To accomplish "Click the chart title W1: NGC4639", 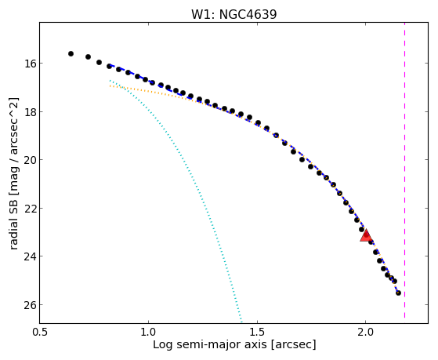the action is (x=233, y=15).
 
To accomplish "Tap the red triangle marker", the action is (x=366, y=236).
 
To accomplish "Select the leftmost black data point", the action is (x=71, y=53).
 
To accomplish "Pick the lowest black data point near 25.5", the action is (x=398, y=293).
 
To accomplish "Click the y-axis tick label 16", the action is (x=31, y=64).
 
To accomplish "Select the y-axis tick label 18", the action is (x=31, y=111).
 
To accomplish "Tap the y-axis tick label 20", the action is (x=31, y=160).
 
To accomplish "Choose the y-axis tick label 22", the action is (x=31, y=208).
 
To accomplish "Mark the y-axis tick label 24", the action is (x=31, y=256).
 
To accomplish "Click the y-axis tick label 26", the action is (x=31, y=304).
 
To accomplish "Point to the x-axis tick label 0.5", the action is (x=40, y=332).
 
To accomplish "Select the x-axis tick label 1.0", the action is (x=148, y=332).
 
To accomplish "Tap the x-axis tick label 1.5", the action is (x=257, y=332).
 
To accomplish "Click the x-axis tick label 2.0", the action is (x=365, y=332).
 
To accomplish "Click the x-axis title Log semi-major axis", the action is (x=210, y=345).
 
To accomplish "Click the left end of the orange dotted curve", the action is (x=110, y=85).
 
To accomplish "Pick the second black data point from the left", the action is (x=89, y=56).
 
